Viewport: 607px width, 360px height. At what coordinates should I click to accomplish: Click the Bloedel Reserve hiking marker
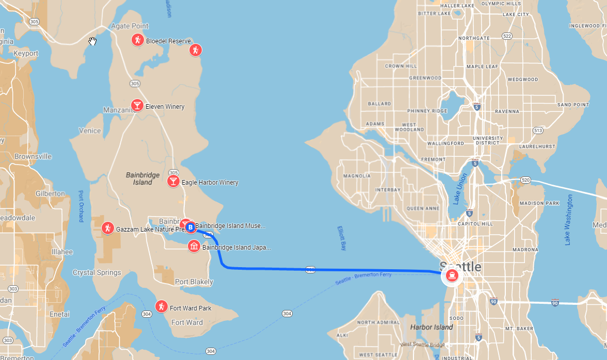tap(137, 40)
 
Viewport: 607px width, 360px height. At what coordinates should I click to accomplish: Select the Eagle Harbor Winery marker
tap(173, 182)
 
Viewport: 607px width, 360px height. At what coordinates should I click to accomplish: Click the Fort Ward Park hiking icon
tap(162, 307)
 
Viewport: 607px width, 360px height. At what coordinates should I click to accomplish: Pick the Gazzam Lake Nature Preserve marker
tap(107, 228)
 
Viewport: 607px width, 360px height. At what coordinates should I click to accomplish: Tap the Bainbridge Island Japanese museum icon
tap(194, 247)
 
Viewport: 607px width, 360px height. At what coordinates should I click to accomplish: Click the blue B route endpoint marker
tap(190, 227)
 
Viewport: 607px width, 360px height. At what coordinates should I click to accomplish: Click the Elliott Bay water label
tap(341, 238)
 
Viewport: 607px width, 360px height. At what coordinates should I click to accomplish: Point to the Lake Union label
tap(461, 189)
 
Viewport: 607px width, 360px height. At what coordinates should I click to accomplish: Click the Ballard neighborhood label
tap(379, 104)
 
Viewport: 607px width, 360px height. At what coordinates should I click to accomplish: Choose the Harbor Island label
tap(431, 327)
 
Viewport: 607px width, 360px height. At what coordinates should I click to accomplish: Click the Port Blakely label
tap(194, 282)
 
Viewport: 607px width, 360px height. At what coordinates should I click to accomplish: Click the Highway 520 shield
tap(525, 179)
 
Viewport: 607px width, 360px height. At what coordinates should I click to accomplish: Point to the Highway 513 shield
tap(538, 130)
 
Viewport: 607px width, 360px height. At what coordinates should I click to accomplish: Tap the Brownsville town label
tap(33, 156)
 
